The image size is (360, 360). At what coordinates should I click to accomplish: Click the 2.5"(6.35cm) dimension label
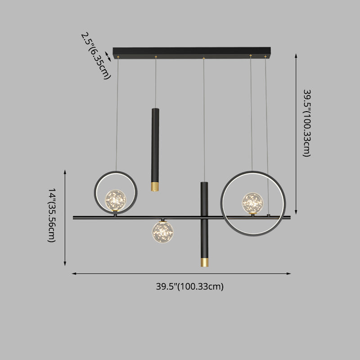(95, 55)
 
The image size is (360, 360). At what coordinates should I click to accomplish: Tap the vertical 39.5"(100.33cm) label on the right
(306, 122)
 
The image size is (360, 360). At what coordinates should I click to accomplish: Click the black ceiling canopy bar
(192, 52)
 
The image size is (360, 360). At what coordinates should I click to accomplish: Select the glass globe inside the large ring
(252, 202)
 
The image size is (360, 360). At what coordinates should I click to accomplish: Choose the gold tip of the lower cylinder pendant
(205, 261)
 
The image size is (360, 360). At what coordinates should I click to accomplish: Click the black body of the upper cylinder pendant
(155, 144)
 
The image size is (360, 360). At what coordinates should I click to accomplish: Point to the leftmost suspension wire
(117, 112)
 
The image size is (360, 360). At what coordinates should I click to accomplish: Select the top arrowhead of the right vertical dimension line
(296, 55)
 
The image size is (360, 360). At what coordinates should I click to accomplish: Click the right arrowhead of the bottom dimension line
(289, 273)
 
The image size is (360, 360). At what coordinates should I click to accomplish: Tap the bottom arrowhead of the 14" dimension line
(65, 264)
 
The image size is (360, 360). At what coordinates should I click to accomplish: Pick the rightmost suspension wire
(266, 135)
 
